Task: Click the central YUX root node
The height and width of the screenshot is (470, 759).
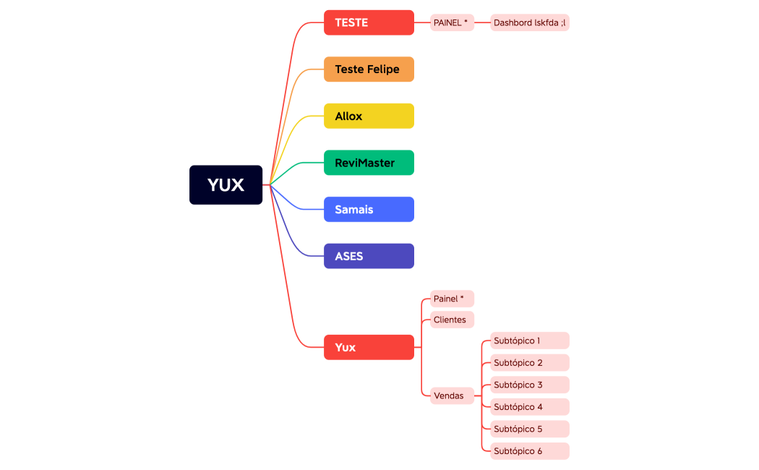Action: [226, 185]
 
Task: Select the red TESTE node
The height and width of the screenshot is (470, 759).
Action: [369, 22]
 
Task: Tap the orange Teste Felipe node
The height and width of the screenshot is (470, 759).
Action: [369, 69]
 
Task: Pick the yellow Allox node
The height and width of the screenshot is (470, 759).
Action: [369, 116]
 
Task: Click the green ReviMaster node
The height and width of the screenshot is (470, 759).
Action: [369, 163]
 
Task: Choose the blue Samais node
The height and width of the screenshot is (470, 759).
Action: [369, 209]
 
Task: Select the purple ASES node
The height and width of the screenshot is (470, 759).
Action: [369, 256]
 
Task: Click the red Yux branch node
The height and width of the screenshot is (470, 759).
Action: [369, 347]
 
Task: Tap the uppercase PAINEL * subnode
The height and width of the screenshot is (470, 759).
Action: [452, 22]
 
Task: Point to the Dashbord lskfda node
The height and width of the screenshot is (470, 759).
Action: [529, 22]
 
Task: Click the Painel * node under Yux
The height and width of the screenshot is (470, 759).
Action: [452, 299]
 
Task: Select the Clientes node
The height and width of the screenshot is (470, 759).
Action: [452, 320]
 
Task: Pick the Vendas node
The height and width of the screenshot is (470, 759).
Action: [452, 396]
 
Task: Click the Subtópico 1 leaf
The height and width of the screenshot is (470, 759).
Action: [529, 341]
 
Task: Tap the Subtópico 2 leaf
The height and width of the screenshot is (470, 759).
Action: [529, 362]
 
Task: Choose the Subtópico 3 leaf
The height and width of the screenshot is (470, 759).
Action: [529, 385]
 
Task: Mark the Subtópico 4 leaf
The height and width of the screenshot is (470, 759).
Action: [529, 406]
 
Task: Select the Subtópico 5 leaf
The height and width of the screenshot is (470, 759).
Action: [529, 429]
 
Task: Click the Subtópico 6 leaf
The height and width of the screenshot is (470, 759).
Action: [529, 451]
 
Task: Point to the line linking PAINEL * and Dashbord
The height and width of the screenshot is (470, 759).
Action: [482, 22]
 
